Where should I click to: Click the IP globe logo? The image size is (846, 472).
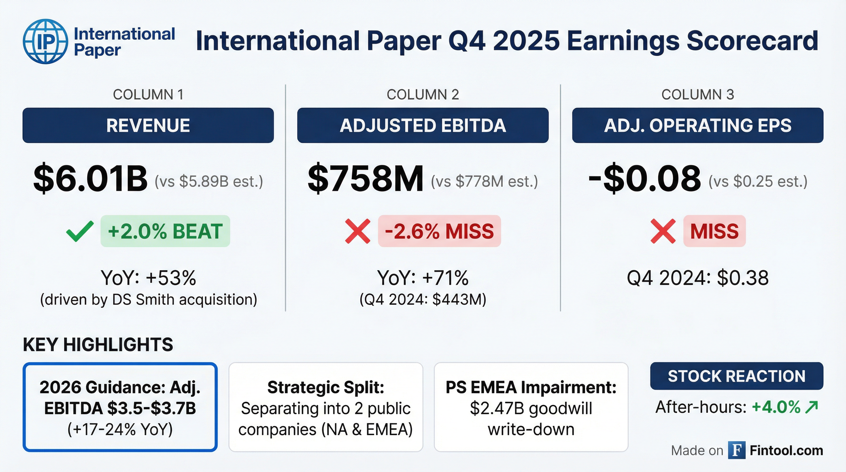[45, 41]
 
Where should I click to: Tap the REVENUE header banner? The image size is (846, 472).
[148, 125]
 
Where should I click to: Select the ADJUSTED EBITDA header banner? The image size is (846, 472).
[423, 125]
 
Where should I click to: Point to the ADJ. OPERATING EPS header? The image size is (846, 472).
[698, 125]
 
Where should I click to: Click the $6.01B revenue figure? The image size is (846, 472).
[91, 179]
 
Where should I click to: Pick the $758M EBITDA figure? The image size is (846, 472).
[365, 179]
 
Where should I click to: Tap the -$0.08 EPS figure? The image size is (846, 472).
[644, 179]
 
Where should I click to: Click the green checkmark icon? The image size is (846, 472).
[80, 231]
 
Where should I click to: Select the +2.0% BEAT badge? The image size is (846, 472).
[165, 231]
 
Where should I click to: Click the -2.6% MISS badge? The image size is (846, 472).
[439, 231]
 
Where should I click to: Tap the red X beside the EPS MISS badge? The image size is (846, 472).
[663, 231]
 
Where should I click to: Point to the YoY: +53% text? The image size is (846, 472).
[148, 278]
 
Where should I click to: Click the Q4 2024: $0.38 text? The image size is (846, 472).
[698, 278]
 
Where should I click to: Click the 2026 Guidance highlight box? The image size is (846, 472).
[120, 407]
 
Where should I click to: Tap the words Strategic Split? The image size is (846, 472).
[326, 387]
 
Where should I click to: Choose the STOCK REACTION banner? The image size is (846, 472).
[736, 376]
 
